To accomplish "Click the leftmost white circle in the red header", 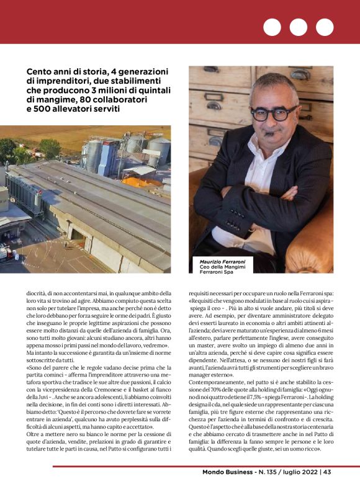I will pos(272,27).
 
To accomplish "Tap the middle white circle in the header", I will pos(299,27).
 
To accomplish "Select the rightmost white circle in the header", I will pos(325,27).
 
